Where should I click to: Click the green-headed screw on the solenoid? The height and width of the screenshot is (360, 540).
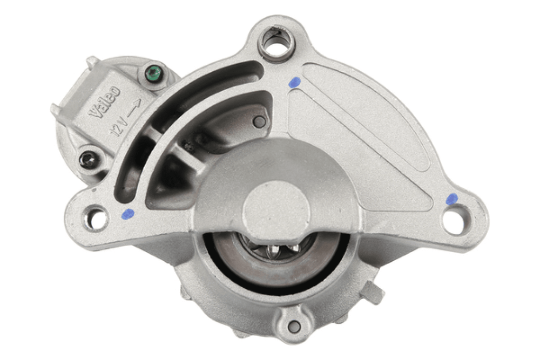tap(153, 73)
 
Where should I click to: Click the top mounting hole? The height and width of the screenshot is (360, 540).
tap(276, 40)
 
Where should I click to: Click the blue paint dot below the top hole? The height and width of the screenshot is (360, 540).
tap(294, 82)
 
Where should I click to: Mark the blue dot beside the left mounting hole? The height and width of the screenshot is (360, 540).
tap(128, 214)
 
